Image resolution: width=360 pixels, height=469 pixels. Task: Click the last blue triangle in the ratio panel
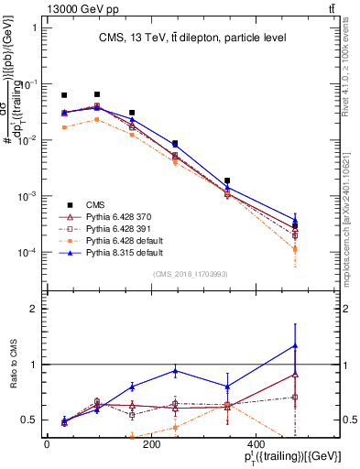tap(294, 345)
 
